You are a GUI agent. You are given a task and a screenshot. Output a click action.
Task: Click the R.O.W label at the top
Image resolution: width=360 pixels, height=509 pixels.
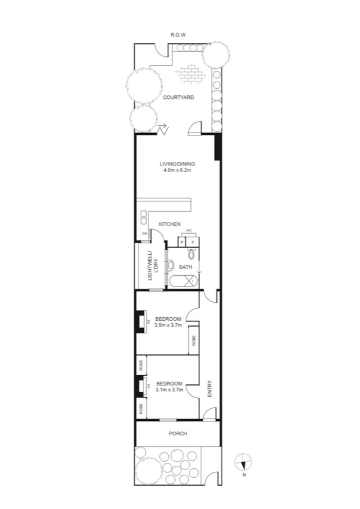click(178, 35)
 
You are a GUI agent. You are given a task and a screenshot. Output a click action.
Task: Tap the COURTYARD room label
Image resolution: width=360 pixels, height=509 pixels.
click(178, 97)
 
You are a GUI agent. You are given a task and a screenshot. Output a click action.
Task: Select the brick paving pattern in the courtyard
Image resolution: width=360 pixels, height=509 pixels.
click(190, 74)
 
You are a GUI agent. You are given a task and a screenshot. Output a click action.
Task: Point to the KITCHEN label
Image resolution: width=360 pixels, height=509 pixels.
click(170, 224)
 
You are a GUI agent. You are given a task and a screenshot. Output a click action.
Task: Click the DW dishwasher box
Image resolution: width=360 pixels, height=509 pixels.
click(144, 234)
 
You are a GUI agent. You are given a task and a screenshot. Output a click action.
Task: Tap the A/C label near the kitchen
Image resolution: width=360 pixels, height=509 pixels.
click(189, 231)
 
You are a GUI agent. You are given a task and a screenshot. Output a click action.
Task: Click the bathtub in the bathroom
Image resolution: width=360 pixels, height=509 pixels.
click(185, 282)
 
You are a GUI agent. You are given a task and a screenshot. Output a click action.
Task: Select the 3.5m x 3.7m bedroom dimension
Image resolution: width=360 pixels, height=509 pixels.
click(167, 325)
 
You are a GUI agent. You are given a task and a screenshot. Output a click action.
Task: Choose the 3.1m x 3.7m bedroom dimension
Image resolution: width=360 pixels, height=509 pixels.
click(168, 390)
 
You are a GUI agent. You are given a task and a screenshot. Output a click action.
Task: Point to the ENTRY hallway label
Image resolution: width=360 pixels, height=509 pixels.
click(210, 390)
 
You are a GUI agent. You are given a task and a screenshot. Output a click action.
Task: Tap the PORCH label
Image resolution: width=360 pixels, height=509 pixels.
click(178, 433)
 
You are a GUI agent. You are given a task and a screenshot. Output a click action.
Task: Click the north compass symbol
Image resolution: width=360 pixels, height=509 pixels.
click(243, 462)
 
